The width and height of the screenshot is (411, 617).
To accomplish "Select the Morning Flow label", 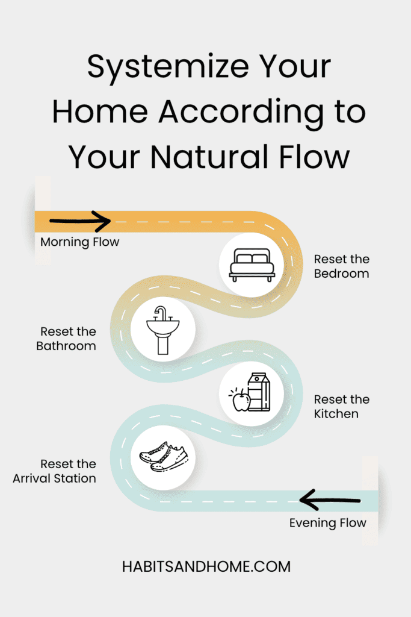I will (x=80, y=242).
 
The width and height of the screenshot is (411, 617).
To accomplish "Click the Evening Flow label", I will (x=327, y=522).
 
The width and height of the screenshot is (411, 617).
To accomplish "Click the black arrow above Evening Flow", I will (x=330, y=500).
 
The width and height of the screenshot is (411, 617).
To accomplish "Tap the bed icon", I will (x=252, y=265).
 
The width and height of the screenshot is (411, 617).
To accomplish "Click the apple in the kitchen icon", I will (x=241, y=399).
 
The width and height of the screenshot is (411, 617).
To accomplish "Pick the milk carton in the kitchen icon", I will (x=259, y=392).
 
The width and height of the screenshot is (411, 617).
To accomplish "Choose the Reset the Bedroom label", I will (x=341, y=266).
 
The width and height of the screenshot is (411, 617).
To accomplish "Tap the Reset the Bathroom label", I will (x=66, y=339).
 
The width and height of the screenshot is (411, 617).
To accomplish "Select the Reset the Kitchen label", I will (x=342, y=407).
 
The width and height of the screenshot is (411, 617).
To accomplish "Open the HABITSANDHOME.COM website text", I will (x=205, y=566).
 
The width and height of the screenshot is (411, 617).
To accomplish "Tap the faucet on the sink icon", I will (x=161, y=312).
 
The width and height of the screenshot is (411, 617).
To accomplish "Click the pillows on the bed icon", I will (x=252, y=258).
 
